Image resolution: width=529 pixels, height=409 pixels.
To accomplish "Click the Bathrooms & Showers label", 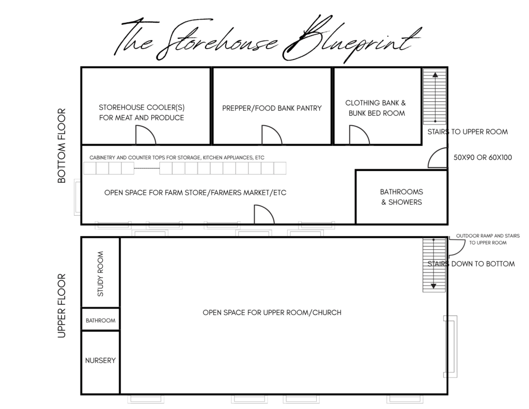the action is point(401,197).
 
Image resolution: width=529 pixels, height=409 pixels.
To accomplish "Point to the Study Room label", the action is point(100,274).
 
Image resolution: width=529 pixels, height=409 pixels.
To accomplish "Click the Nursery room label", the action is point(100,360).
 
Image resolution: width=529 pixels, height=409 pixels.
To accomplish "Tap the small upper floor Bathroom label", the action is point(101,320).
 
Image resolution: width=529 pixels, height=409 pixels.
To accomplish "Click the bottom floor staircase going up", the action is point(435,97).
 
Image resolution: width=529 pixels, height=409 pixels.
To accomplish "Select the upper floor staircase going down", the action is point(434,265).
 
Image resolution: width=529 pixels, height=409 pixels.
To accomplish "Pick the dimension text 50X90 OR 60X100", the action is point(483,157).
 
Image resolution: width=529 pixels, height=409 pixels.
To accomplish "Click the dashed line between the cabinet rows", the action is point(147,168).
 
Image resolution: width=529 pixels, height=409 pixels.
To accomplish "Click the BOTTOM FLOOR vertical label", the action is point(62,146).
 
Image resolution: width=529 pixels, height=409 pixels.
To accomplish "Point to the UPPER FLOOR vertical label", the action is point(62,306).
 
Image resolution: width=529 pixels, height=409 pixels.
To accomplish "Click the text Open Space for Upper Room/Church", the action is point(272,312).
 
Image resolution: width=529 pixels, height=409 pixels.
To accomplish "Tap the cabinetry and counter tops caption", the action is point(177,157).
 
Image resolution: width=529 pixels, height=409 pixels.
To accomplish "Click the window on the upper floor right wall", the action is point(450,346).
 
